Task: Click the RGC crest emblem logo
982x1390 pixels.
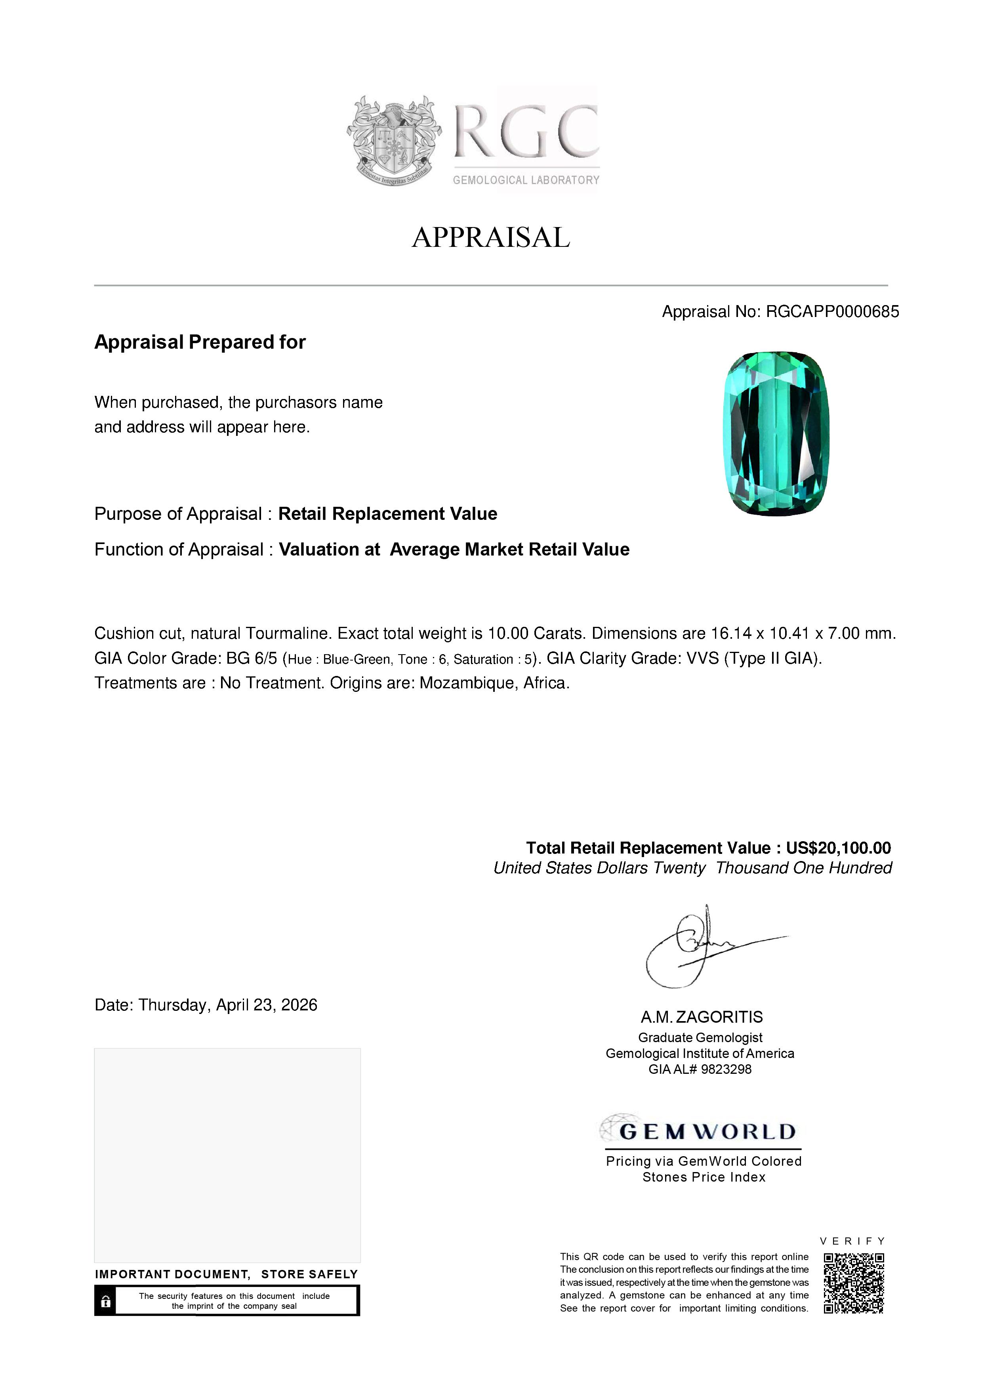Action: (393, 140)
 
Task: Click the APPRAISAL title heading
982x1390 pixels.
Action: (491, 237)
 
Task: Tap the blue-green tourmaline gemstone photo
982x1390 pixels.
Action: (776, 433)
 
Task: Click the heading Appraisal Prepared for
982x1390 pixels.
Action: (200, 342)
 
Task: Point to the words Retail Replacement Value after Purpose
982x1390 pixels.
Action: (387, 514)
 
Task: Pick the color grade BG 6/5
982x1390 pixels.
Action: (251, 659)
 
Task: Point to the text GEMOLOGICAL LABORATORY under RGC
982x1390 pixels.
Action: (526, 180)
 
